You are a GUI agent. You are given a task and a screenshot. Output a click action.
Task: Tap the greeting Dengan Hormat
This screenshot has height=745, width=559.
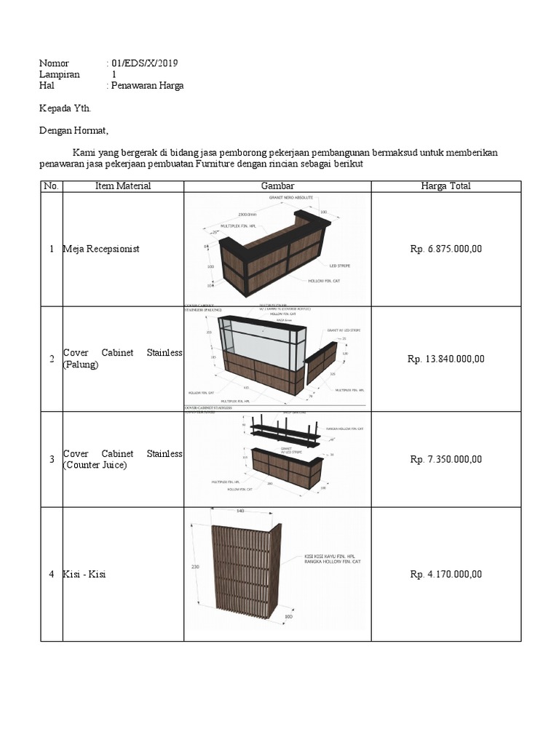tap(73, 131)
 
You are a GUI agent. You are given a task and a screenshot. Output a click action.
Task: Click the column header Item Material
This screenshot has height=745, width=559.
tap(123, 186)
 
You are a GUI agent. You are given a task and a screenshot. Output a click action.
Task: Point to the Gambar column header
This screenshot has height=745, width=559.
tap(277, 186)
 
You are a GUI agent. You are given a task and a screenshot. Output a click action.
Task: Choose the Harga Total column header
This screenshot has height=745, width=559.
tap(445, 186)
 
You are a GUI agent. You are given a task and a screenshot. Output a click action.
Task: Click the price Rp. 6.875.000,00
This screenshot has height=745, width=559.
tap(446, 249)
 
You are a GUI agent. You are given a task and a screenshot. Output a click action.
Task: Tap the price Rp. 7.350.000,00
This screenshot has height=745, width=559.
tap(446, 459)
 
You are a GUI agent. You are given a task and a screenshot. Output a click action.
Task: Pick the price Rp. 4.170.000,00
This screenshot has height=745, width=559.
tap(446, 574)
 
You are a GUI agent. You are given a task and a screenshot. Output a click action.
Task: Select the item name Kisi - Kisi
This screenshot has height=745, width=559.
tap(84, 575)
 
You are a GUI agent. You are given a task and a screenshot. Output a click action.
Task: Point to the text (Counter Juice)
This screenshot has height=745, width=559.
tap(95, 465)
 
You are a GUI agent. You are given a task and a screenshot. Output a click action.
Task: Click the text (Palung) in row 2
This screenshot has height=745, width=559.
tap(81, 364)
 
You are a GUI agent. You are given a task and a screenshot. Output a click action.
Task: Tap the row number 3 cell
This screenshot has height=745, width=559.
tap(52, 459)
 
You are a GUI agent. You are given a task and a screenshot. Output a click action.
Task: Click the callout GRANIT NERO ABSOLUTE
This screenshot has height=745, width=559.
tap(290, 198)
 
